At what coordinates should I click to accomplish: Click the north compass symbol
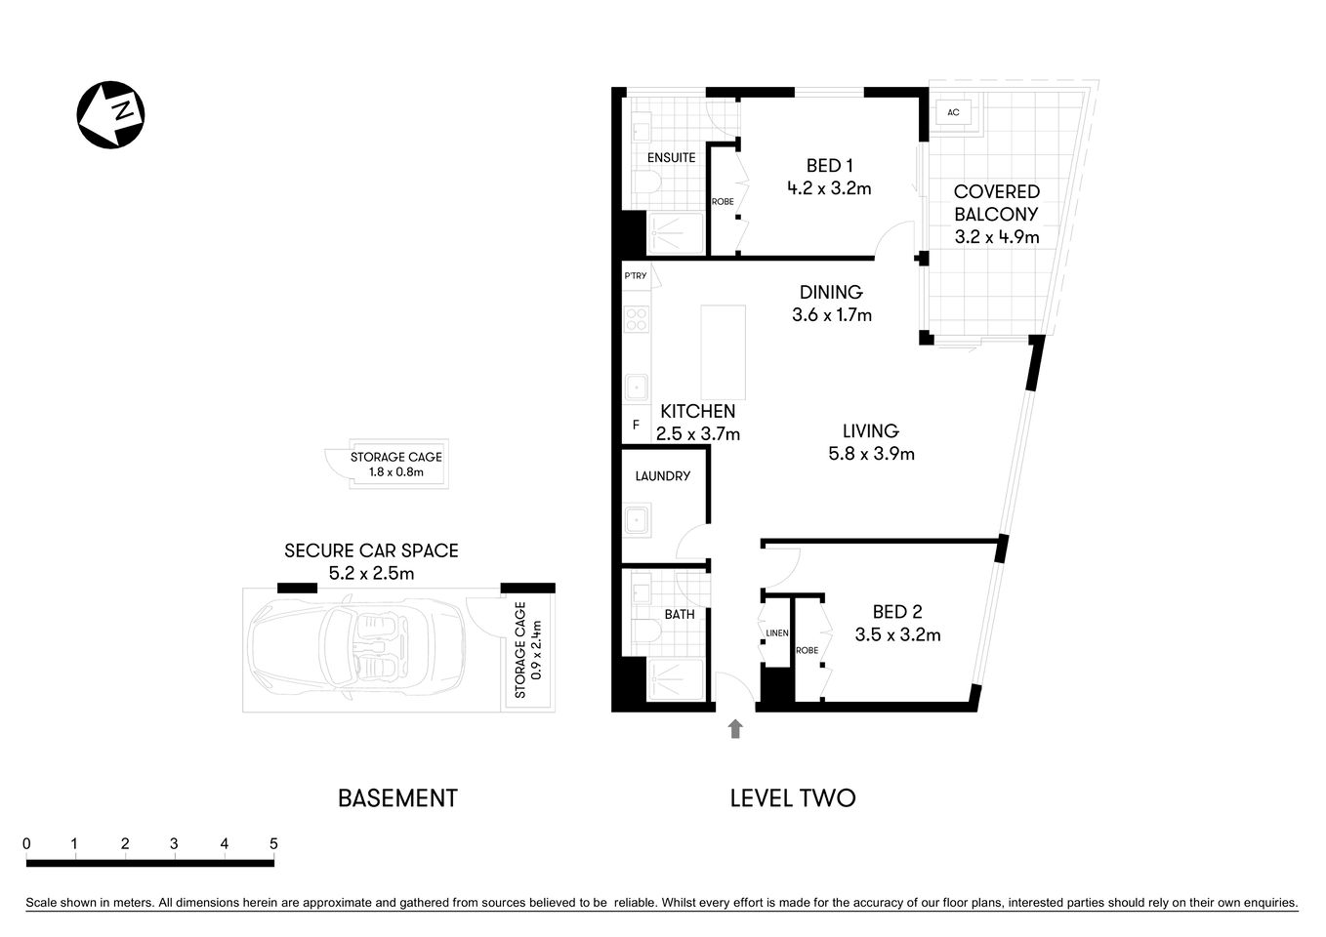click(x=110, y=114)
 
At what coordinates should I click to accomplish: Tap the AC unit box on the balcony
click(x=953, y=112)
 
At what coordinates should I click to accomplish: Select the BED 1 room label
click(x=829, y=166)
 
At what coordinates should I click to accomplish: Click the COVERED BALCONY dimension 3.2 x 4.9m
click(x=996, y=237)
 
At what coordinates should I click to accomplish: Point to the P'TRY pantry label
click(x=636, y=276)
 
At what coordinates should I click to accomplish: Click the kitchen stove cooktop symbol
click(x=637, y=319)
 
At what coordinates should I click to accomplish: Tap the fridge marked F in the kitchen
click(x=636, y=426)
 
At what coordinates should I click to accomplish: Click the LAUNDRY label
click(x=662, y=476)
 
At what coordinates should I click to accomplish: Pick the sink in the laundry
click(x=638, y=519)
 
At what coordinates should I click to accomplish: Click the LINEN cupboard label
click(x=776, y=633)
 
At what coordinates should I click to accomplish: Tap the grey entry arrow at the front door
click(x=735, y=728)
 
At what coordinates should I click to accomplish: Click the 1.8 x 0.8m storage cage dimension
click(x=395, y=472)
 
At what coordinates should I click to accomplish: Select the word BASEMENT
click(x=397, y=798)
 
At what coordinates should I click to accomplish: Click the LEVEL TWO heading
click(x=792, y=798)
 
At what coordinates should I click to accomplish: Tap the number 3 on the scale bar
click(x=174, y=844)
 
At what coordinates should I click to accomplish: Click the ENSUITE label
click(x=671, y=157)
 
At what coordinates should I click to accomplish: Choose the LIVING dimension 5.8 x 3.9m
click(x=870, y=454)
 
